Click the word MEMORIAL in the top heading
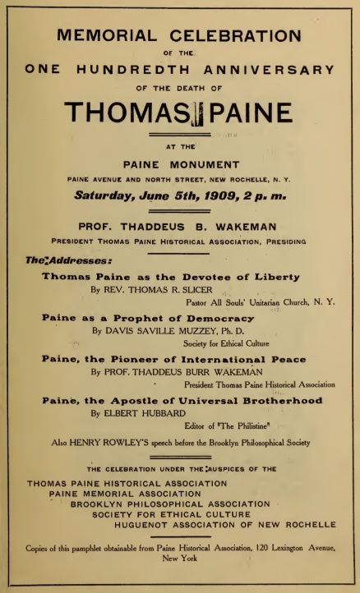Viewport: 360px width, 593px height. point(105,35)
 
